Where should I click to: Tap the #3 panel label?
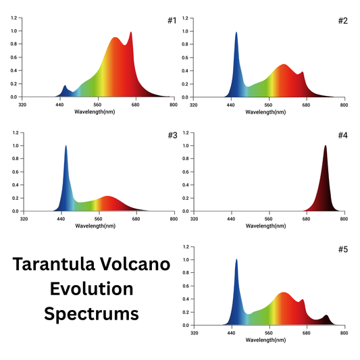171,135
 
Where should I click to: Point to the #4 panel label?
342,135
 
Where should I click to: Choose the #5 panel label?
342,249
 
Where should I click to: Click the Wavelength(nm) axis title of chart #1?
98,111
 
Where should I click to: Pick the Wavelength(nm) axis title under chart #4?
269,226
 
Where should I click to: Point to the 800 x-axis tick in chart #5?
344,333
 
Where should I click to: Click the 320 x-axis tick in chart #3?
23,219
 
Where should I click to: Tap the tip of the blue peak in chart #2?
236,32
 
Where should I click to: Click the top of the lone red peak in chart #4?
325,146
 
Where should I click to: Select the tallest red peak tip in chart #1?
131,32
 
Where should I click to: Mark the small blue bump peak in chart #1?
65,86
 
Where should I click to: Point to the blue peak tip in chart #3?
66,146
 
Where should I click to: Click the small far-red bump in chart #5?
327,315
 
